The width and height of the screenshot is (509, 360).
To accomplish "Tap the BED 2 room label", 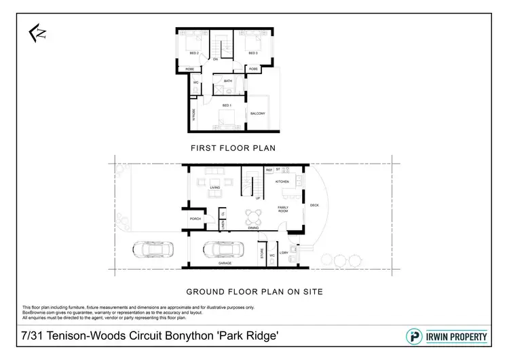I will pos(193,52).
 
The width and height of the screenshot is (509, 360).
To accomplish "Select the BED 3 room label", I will pos(252,52).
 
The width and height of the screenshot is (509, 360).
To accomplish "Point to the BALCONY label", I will pos(258,113).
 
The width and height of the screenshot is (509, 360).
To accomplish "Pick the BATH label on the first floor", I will pos(228,82).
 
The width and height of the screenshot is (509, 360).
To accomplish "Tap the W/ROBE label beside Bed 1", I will pos(194,114).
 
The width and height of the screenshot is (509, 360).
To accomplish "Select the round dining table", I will pos(253,218).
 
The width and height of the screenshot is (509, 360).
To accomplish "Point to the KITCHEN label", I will pos(282,182).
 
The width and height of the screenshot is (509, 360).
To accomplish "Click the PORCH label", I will pos(195,219).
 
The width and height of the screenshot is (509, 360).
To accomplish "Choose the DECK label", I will pos(314,204).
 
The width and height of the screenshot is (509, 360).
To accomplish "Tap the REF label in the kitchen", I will pos(269,169).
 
